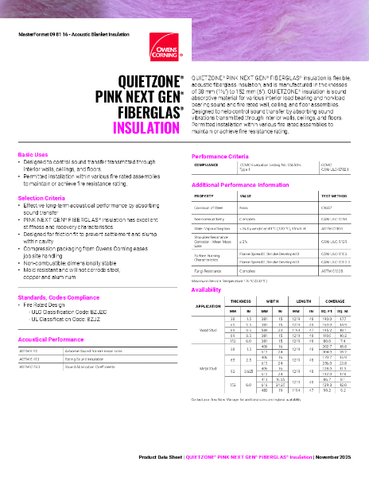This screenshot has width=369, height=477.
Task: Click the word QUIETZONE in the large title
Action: click(151, 82)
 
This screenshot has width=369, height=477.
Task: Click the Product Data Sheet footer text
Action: click(161, 459)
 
